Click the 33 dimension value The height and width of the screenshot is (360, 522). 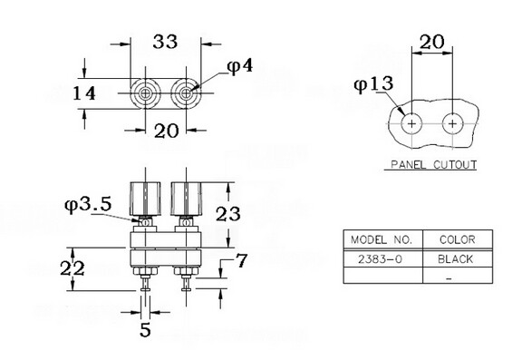165,42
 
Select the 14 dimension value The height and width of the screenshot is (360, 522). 84,93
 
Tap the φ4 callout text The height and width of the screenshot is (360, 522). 240,66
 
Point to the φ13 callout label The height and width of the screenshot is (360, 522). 373,84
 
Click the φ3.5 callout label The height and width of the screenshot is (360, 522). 88,204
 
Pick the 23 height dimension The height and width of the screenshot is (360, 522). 228,214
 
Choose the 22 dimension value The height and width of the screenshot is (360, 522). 72,268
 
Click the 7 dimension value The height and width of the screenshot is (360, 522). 241,260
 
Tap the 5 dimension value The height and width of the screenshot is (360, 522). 146,330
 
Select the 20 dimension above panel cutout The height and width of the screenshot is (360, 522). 431,42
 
